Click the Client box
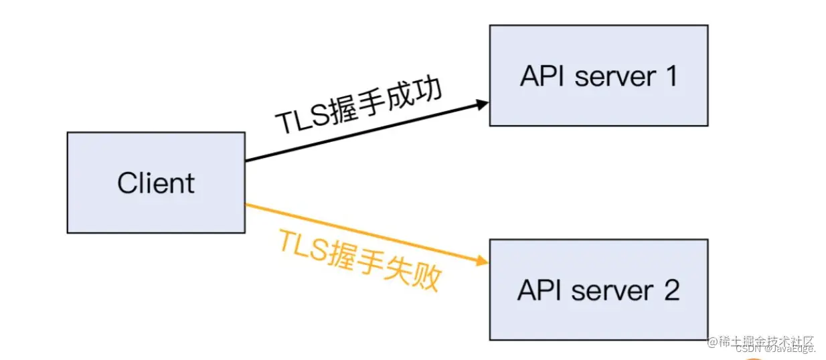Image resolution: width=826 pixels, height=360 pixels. (x=156, y=182)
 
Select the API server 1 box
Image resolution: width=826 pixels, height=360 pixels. (x=598, y=76)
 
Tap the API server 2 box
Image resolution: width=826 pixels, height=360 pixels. (x=598, y=290)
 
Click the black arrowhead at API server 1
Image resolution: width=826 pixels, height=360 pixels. (x=483, y=104)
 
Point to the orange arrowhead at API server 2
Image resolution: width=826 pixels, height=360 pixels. (x=483, y=262)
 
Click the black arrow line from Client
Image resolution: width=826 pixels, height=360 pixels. (x=361, y=132)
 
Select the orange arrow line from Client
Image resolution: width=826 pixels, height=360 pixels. (x=361, y=233)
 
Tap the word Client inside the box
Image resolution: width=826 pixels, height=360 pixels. (x=156, y=183)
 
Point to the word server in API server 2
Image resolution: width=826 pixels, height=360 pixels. (x=613, y=290)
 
